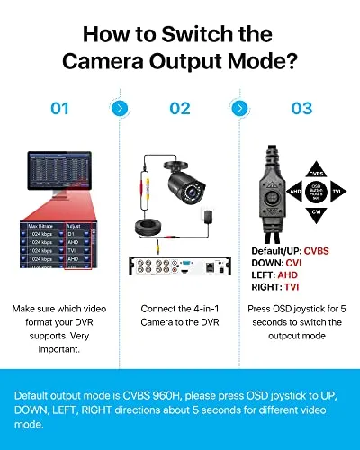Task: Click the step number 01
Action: coord(59,108)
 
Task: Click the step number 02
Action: coord(180,108)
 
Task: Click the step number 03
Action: coord(301,108)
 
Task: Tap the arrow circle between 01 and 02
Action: coord(119,108)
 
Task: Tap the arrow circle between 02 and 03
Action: coord(240,108)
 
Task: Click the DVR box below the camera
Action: coord(180,266)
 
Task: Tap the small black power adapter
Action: coord(209,215)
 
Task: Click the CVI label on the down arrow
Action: coord(315,212)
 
